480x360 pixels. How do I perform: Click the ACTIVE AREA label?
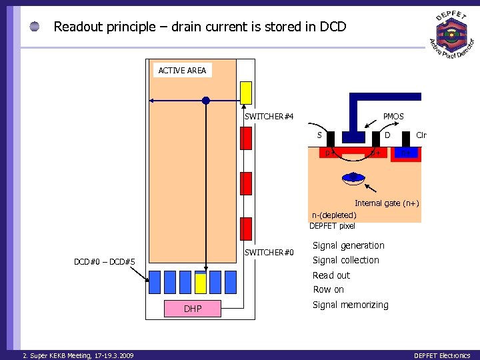pos(182,70)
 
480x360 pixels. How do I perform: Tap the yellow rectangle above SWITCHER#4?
pos(246,93)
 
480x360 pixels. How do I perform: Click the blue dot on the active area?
pos(206,101)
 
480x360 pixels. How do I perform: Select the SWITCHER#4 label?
pos(269,117)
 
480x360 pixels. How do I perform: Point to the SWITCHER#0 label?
pos(269,252)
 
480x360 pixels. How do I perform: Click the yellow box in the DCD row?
pos(201,283)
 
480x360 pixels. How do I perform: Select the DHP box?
pos(193,308)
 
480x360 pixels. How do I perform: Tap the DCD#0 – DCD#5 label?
pos(105,262)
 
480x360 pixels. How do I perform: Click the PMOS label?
pos(393,117)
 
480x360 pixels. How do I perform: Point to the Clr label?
pos(421,135)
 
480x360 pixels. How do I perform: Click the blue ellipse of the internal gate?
pos(353,178)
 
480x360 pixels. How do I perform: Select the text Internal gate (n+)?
pos(387,203)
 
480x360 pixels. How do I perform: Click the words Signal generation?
pos(349,245)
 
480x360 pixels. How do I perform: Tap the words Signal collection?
pos(346,260)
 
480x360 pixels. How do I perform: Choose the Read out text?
pos(331,275)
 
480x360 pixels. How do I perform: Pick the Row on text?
pos(329,289)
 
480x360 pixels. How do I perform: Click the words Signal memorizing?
pos(351,305)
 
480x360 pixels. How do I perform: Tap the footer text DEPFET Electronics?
pos(442,355)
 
